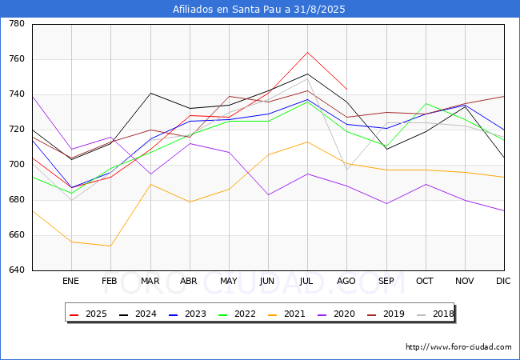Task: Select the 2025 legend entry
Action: [88, 314]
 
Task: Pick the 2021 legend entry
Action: [286, 314]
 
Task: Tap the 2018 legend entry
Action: [435, 314]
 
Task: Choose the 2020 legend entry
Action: [336, 314]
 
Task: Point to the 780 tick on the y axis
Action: [17, 23]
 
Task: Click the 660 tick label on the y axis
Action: [17, 234]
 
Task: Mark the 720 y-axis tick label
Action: [17, 130]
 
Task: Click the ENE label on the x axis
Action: [70, 281]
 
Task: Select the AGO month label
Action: [346, 281]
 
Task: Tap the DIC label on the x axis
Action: [503, 281]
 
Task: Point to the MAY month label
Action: [229, 281]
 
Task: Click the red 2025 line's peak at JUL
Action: [307, 52]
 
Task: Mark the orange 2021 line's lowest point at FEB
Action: [110, 246]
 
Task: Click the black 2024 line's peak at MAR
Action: [151, 93]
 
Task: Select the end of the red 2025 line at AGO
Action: [347, 89]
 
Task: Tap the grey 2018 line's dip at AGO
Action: [347, 170]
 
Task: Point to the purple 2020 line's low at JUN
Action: [268, 194]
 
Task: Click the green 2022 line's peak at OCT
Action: [426, 103]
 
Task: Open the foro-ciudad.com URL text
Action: [458, 347]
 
